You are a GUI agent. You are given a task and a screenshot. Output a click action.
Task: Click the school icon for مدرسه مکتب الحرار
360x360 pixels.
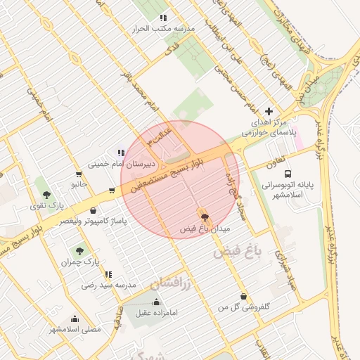[163, 18]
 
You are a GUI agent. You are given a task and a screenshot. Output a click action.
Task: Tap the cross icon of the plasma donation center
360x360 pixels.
[268, 111]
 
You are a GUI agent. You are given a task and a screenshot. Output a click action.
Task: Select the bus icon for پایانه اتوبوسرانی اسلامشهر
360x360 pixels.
[288, 174]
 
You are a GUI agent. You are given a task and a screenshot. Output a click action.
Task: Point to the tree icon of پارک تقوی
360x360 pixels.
[46, 195]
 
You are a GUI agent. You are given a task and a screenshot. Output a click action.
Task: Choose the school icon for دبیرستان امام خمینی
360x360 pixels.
[122, 153]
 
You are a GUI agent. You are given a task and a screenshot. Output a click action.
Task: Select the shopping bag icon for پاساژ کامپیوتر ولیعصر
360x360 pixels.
[93, 210]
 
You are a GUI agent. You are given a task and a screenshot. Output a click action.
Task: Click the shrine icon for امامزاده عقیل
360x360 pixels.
[156, 302]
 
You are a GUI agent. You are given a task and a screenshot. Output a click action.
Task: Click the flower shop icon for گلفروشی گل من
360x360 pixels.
[243, 296]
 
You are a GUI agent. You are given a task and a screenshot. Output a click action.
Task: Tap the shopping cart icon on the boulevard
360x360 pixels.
[112, 190]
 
